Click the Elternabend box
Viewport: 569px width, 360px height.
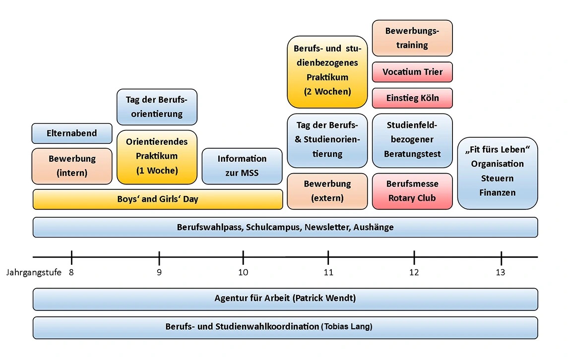[72, 133]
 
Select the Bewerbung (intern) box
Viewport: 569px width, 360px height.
[72, 166]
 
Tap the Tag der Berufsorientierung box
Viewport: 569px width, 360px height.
[157, 107]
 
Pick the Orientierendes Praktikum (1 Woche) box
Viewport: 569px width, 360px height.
[157, 157]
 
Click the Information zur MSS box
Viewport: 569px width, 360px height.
[242, 166]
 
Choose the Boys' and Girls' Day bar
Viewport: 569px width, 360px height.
[158, 199]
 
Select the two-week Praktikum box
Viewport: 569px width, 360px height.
[327, 72]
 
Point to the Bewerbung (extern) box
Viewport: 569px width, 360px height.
[327, 191]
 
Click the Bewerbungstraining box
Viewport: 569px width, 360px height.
[412, 38]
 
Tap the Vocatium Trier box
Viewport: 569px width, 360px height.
[412, 72]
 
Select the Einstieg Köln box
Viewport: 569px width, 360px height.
[412, 98]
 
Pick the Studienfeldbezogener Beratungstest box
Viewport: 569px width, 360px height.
[412, 140]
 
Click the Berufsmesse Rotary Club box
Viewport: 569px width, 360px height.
[412, 191]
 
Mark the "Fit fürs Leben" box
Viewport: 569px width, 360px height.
[498, 173]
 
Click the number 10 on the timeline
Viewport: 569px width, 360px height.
[243, 273]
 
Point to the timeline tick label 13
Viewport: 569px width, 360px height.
[501, 273]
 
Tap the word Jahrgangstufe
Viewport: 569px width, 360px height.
[34, 273]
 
